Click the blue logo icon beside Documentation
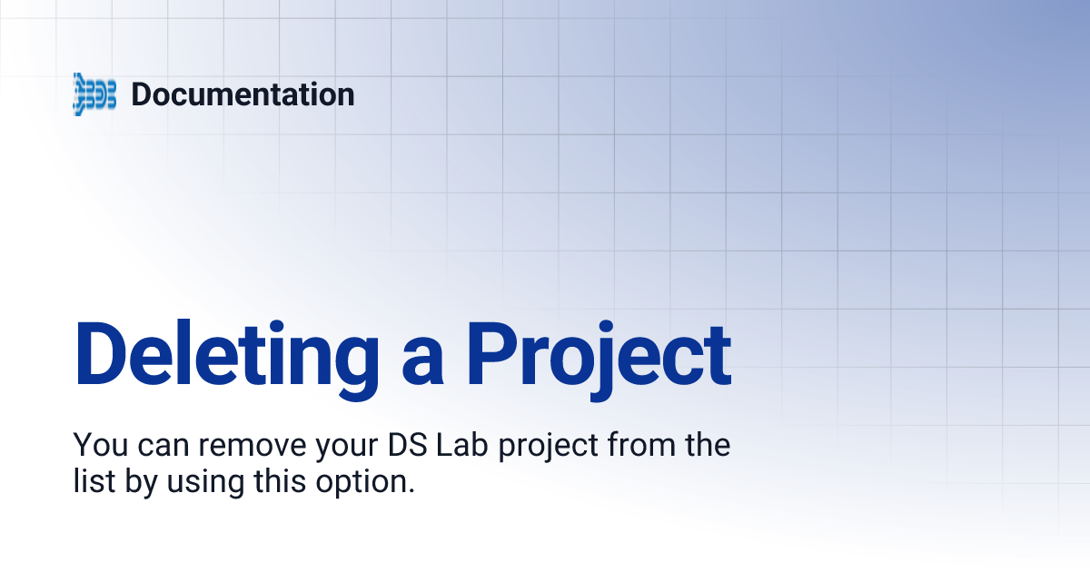pos(94,94)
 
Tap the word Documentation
pos(243,94)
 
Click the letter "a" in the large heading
pos(423,356)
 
